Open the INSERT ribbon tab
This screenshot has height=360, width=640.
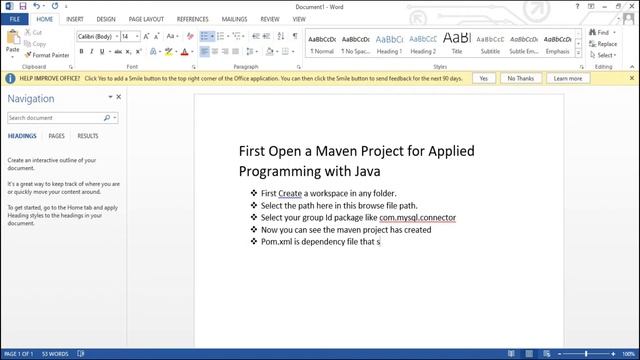click(74, 18)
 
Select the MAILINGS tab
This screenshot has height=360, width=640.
click(234, 18)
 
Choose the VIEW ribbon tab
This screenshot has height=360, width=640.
click(297, 18)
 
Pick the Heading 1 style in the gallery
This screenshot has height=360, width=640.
click(389, 44)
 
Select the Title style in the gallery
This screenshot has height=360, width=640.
click(457, 44)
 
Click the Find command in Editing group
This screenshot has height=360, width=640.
click(603, 32)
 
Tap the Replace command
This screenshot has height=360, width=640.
click(606, 44)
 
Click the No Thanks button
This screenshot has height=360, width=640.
click(520, 77)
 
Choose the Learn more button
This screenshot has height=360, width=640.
click(567, 77)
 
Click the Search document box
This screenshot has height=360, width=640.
click(58, 117)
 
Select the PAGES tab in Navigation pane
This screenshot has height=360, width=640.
click(57, 136)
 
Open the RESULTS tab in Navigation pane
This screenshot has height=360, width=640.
click(88, 136)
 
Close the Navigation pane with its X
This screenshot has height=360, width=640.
click(119, 97)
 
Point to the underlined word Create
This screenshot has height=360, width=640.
click(290, 193)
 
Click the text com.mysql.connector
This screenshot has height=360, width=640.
click(417, 217)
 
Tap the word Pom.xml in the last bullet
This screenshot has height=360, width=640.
click(277, 241)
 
